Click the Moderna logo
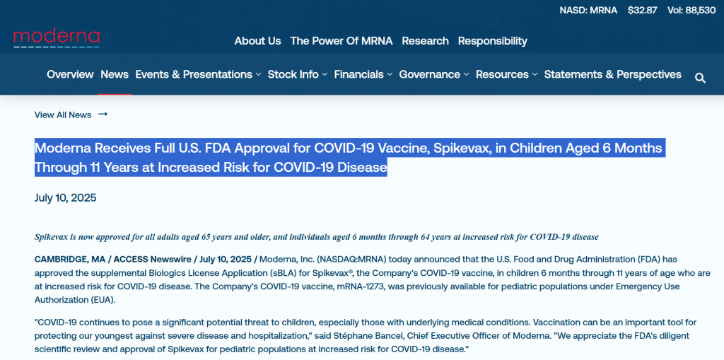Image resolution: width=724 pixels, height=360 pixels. coord(57,39)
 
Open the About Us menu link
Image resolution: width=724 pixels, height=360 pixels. coord(257,40)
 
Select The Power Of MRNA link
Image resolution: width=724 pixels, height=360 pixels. coord(341,40)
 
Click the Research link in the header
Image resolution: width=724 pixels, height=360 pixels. coord(425,40)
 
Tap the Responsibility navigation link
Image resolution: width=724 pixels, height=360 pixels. coord(492,41)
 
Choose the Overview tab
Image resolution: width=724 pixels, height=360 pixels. coord(70,74)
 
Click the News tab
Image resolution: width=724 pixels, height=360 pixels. coord(115,74)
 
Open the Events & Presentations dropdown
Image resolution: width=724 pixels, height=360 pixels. coord(198,74)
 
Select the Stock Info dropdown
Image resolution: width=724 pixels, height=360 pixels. coord(298,74)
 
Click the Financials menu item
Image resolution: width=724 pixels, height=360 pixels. coord(363,74)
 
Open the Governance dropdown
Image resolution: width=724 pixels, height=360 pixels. coord(434,74)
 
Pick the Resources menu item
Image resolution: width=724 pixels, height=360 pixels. coord(506,74)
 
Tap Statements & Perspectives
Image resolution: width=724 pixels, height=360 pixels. coord(613,74)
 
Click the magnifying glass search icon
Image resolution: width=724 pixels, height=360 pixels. coord(700,78)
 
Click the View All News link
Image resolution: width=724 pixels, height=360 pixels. coord(71,115)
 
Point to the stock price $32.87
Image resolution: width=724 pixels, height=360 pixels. coord(642,10)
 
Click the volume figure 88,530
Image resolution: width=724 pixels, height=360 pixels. coord(701,10)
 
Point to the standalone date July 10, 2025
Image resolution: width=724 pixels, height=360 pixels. coord(66,198)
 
